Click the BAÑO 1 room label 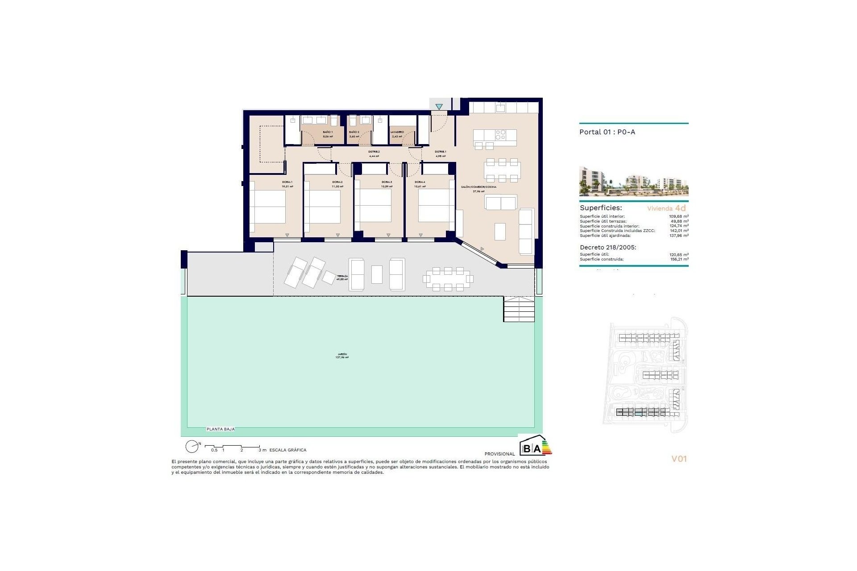(x=328, y=132)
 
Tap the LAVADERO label (x=397, y=132)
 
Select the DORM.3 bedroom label (x=387, y=182)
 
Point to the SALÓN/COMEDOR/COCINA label (x=478, y=187)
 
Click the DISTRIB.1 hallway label (x=441, y=152)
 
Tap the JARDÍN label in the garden (x=342, y=354)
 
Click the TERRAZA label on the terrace (x=342, y=276)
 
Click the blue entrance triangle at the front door (x=439, y=107)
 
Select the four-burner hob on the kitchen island (x=500, y=134)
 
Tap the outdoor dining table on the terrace (x=448, y=279)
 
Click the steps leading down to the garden (x=519, y=309)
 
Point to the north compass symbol (x=192, y=446)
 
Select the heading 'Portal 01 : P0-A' (x=607, y=132)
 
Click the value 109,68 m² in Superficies (x=678, y=216)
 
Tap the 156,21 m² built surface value (x=679, y=259)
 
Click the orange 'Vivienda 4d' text (x=666, y=208)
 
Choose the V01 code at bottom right (x=679, y=459)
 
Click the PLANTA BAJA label (x=220, y=429)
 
